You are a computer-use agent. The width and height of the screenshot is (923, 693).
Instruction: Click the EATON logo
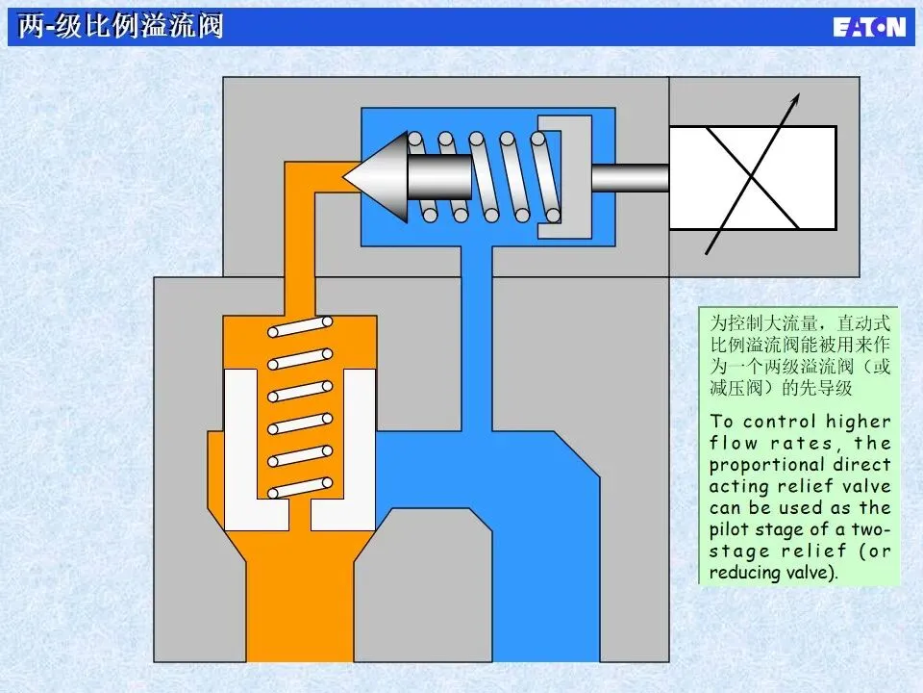pyautogui.click(x=869, y=26)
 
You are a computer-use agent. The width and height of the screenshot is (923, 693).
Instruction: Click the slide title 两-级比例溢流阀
pyautogui.click(x=121, y=25)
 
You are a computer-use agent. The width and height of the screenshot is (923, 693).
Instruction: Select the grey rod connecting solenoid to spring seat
pyautogui.click(x=629, y=177)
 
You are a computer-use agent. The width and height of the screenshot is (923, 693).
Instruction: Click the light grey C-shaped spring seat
pyautogui.click(x=562, y=177)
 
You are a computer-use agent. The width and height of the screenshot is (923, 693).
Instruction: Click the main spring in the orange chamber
pyautogui.click(x=300, y=409)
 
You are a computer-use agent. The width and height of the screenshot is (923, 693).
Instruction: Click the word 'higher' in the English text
pyautogui.click(x=859, y=422)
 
